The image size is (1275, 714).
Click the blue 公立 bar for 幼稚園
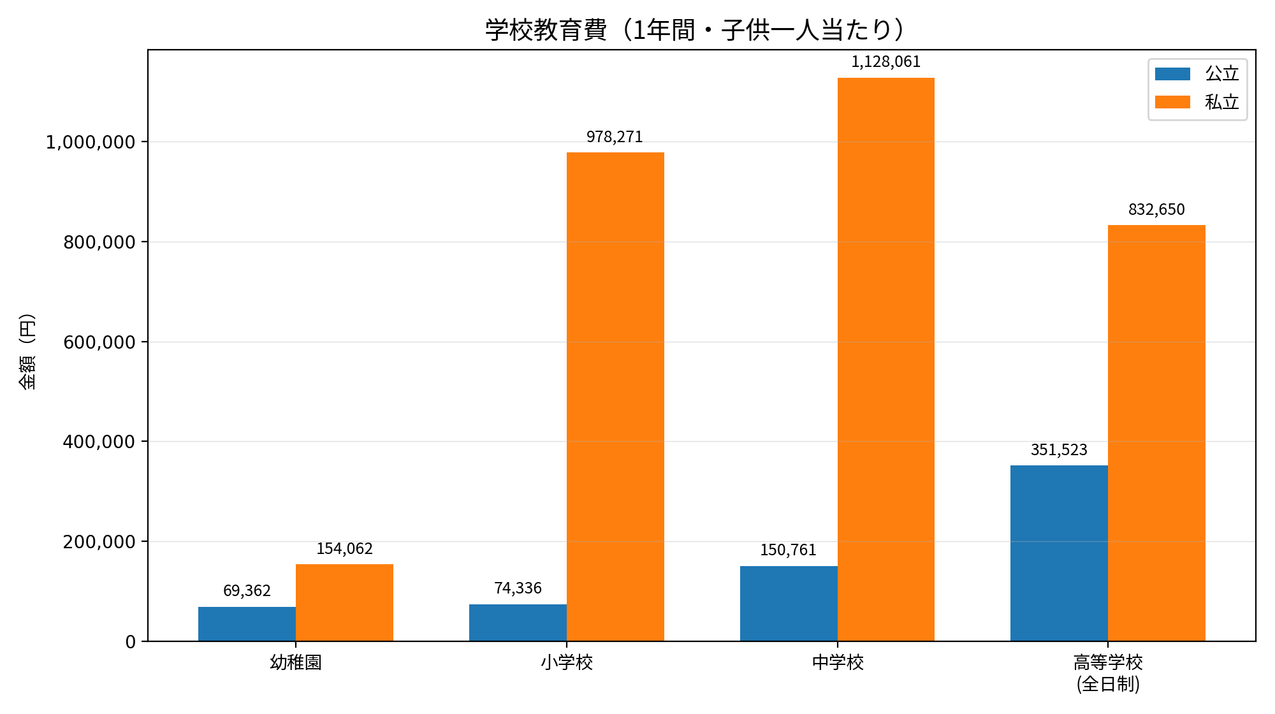coord(247,623)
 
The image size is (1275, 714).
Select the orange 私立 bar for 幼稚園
coord(344,602)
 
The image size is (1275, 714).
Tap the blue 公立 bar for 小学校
coord(518,622)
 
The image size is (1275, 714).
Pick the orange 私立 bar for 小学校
coord(615,397)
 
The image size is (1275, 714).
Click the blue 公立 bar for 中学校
coord(789,603)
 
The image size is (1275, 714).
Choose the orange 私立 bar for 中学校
coord(886,360)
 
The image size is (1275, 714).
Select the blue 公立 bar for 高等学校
coord(1059,553)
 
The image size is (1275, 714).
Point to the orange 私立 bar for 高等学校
coord(1156,433)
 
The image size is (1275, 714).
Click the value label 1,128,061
coord(886,62)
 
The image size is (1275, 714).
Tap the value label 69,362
coord(247,591)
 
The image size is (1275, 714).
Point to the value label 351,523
coord(1059,450)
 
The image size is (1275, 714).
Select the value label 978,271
coord(615,137)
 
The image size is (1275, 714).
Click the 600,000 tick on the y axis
coord(99,342)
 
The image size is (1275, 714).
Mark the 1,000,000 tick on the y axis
coord(91,142)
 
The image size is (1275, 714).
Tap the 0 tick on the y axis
coord(131,642)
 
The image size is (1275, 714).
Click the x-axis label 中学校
coord(838,663)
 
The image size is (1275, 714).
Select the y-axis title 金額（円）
coord(27,351)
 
